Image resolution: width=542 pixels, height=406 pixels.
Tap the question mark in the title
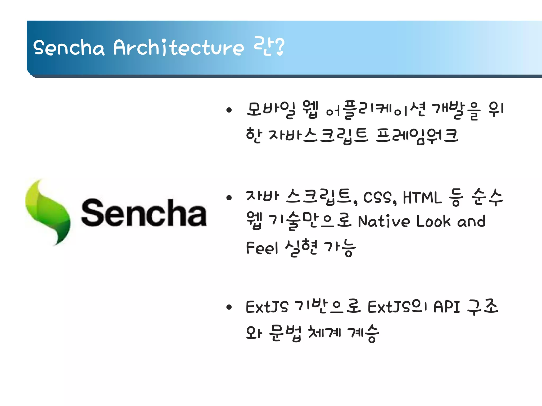[x=279, y=47]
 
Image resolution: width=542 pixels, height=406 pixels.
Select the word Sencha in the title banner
[x=69, y=48]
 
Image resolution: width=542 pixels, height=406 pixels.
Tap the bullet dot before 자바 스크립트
[x=229, y=197]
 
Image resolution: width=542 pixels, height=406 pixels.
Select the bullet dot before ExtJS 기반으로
[x=229, y=307]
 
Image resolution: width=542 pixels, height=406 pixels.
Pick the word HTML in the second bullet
[x=422, y=197]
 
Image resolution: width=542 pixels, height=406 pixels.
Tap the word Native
[x=383, y=221]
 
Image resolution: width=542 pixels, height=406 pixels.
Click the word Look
[x=433, y=221]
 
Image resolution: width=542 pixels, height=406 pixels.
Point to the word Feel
[x=262, y=248]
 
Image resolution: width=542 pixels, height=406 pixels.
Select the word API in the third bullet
[x=447, y=307]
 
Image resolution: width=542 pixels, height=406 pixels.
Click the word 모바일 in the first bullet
[x=271, y=109]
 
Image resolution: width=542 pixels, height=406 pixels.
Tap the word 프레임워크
[x=417, y=135]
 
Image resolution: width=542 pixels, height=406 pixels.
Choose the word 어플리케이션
[x=375, y=109]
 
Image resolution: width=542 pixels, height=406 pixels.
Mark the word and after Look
[x=471, y=221]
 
